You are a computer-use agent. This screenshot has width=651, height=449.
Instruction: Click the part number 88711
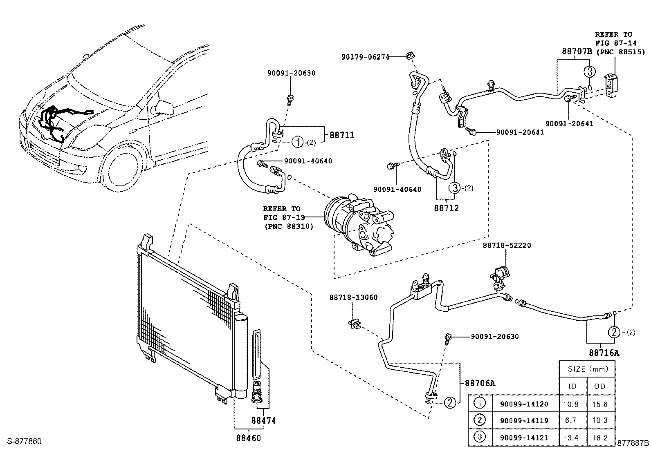coord(342,135)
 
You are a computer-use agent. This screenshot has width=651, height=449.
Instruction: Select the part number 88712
coord(447,208)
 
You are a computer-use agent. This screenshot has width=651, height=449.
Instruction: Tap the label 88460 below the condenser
coord(249,438)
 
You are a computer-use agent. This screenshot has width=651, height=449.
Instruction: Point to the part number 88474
coord(264,420)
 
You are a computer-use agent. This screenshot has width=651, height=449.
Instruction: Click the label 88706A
coord(480,383)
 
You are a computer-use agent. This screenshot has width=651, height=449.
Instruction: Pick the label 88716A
coord(604,353)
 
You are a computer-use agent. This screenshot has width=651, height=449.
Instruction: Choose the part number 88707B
coord(577,51)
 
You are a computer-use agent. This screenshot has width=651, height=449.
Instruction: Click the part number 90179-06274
coord(365,57)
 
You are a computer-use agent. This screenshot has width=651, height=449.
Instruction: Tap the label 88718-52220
coord(507,246)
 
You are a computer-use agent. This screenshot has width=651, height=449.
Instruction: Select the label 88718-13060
coord(353,297)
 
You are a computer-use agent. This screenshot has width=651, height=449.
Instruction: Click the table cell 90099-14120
coord(524,404)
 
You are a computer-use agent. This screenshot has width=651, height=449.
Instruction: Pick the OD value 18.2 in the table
coord(600,438)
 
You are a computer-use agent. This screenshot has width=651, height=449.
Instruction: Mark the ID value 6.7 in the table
coord(570,420)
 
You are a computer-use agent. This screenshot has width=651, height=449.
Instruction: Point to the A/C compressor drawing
coord(359,225)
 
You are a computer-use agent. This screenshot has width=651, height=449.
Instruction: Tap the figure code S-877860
coord(25,442)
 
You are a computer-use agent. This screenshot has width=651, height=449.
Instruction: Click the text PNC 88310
coord(289,226)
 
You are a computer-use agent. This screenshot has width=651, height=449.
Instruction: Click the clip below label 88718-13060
coord(354,324)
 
